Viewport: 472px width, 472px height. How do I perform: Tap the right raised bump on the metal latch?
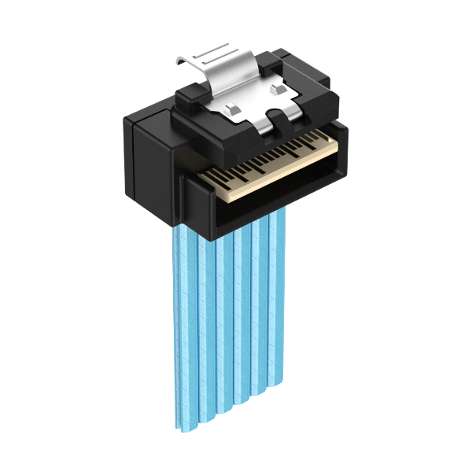[x=276, y=90]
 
